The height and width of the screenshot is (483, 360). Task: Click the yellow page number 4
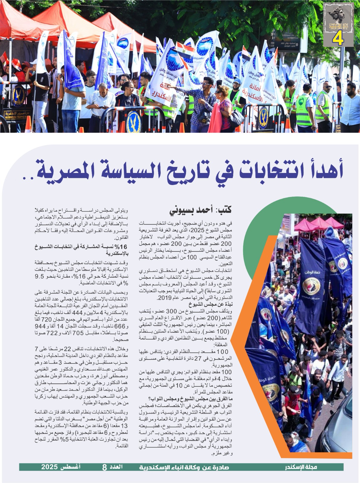pyautogui.click(x=338, y=38)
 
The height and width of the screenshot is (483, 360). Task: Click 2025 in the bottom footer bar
pyautogui.click(x=49, y=467)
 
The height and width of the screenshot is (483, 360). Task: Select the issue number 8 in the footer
pyautogui.click(x=104, y=467)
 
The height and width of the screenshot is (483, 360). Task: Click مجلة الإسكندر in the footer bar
pyautogui.click(x=301, y=467)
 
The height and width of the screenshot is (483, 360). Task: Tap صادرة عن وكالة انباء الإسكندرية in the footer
pyautogui.click(x=184, y=467)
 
